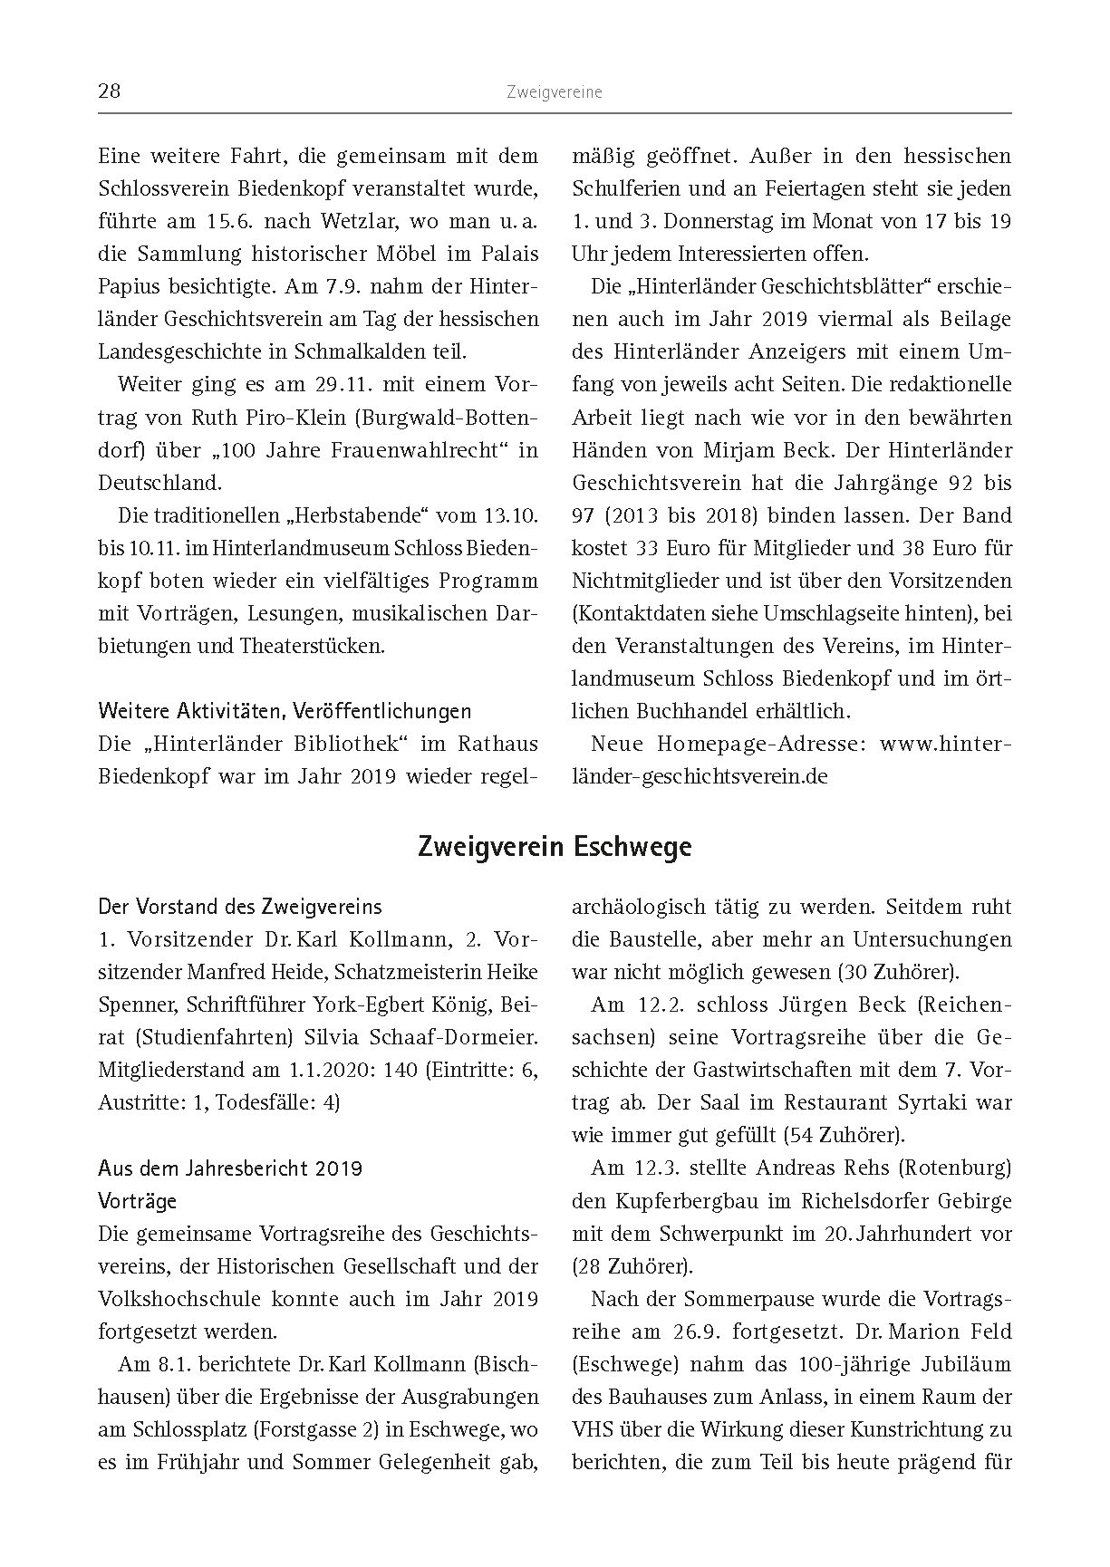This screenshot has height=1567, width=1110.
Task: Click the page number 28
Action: click(109, 91)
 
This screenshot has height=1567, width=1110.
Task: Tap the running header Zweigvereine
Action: click(555, 91)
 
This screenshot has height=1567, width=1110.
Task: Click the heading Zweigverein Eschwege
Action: click(555, 847)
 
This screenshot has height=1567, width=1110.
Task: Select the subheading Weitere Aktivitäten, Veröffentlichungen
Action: click(285, 711)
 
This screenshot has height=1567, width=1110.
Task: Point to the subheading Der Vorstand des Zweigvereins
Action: click(240, 907)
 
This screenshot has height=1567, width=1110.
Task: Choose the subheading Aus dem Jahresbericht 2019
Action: click(230, 1168)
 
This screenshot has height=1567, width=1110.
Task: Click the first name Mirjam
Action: click(733, 450)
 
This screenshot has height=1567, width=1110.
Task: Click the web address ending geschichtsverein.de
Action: click(700, 776)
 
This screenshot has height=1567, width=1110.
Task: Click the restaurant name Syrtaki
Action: click(923, 1102)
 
